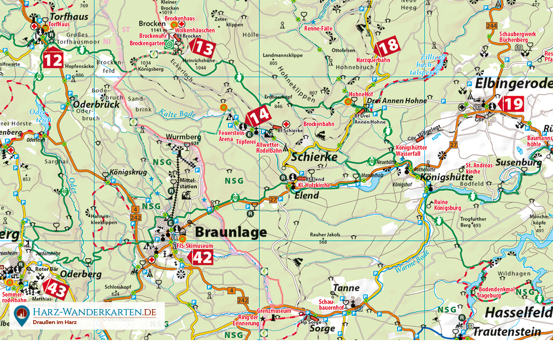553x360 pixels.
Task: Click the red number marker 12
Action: (x=53, y=59)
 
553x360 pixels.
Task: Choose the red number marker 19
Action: (x=511, y=103)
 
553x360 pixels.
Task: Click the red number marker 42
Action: (x=200, y=257)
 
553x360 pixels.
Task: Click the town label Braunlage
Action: (x=229, y=232)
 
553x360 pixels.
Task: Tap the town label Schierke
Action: (x=314, y=157)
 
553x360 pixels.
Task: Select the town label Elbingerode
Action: (x=513, y=83)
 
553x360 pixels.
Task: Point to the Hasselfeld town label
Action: (x=518, y=312)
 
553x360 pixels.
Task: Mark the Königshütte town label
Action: (x=447, y=177)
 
